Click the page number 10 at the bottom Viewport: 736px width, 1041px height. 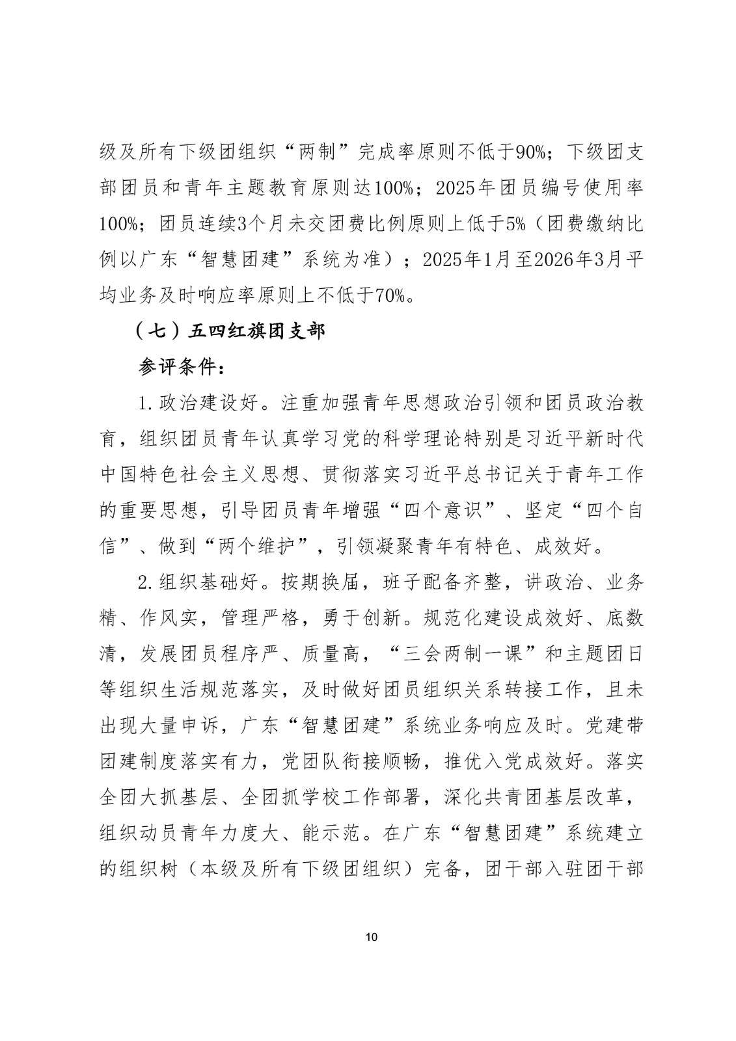[x=372, y=938]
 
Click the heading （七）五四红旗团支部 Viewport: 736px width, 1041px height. [x=229, y=331]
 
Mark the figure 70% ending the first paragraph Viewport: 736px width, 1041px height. [x=390, y=295]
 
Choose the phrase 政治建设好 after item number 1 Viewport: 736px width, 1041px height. [x=209, y=403]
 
